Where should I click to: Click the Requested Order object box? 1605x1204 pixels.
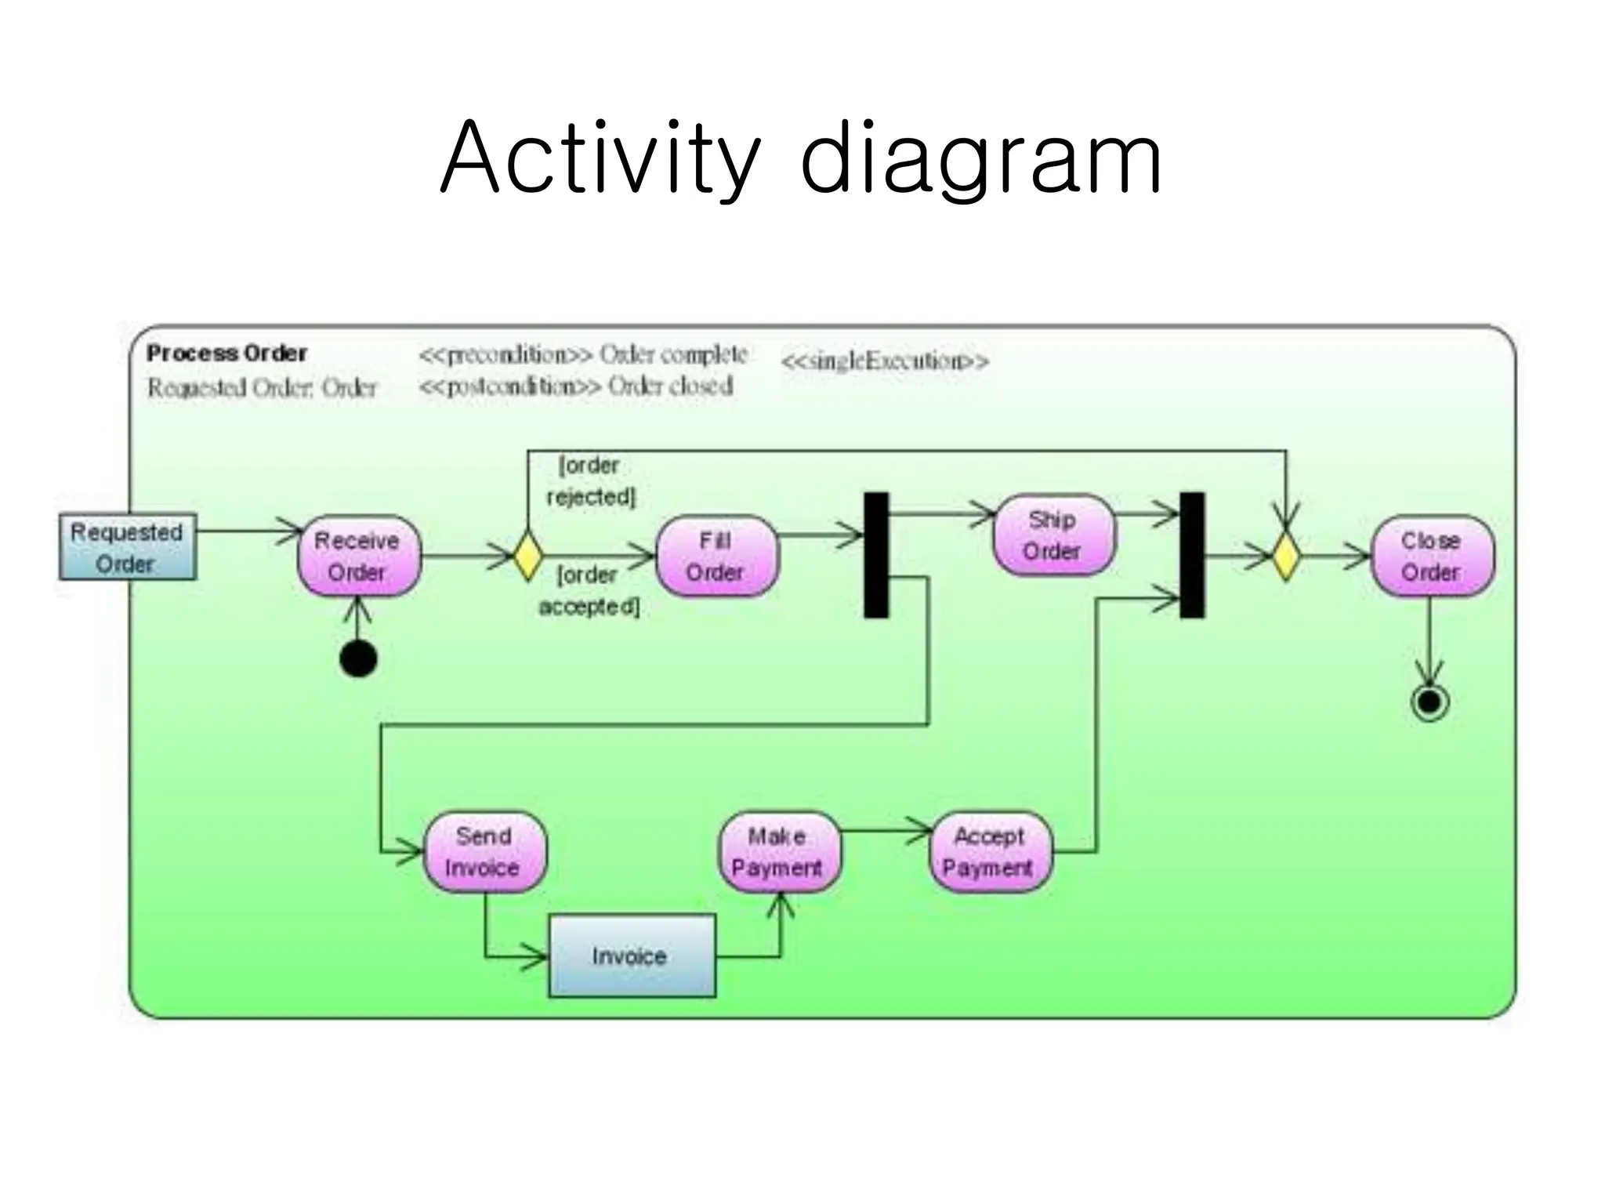tap(128, 547)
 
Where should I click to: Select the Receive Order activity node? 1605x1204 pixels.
tap(358, 556)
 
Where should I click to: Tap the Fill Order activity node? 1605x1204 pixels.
tap(716, 556)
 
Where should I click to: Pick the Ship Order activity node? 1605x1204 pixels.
tap(1053, 535)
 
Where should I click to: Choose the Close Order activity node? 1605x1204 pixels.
tap(1431, 556)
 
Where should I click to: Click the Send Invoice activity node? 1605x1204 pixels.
tap(484, 852)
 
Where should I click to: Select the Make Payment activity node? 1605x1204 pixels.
tap(778, 852)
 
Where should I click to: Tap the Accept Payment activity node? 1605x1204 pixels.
tap(990, 852)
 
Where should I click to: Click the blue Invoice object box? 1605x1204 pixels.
tap(632, 956)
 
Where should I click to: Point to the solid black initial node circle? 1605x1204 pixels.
tap(358, 658)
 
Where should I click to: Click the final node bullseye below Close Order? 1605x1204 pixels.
tap(1429, 702)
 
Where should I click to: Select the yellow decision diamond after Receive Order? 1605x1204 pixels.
tap(527, 556)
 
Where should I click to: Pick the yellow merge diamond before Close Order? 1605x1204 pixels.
tap(1285, 556)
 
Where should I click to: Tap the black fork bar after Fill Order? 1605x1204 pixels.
tap(876, 555)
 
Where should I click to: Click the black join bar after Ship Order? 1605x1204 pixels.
tap(1192, 555)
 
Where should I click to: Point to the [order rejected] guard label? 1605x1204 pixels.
tap(590, 481)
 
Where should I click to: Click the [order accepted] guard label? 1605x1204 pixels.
tap(589, 590)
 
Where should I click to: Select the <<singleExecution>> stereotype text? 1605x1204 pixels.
tap(885, 361)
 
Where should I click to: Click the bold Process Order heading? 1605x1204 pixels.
tap(226, 354)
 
